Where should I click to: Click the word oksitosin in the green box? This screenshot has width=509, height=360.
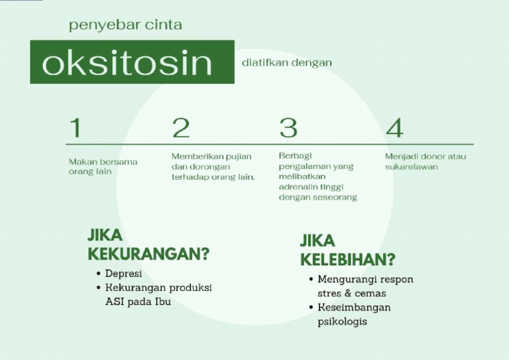pos(127,62)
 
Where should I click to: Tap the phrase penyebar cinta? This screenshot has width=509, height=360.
pos(125,25)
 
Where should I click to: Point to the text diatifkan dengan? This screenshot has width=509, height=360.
pos(288,62)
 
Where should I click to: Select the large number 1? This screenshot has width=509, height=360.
pos(76,127)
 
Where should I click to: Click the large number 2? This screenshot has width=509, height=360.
pos(180,127)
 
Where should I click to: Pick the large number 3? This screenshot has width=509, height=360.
pos(288,127)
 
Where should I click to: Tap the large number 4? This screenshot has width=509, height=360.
pos(394,127)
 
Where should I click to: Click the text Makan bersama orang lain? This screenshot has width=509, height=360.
pos(103,166)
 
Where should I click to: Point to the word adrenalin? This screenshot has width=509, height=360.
pos(298,187)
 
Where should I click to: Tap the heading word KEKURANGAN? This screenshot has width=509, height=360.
pos(148,254)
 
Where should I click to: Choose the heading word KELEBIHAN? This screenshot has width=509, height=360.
pos(347,259)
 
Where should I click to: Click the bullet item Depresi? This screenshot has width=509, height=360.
pos(123,273)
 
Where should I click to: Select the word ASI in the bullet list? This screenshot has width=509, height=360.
pos(115,302)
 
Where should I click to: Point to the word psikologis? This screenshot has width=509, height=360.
pos(342,322)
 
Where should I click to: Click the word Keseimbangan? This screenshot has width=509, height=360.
pos(354,308)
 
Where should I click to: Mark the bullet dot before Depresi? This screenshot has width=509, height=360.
pos(98,273)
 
